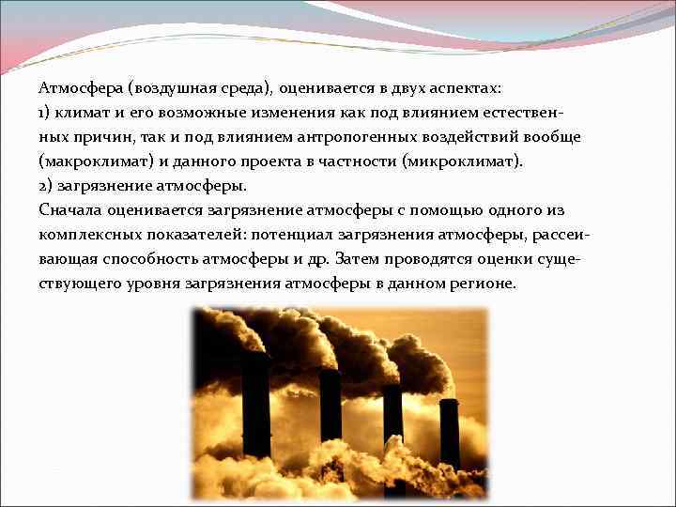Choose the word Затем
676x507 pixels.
coord(359,258)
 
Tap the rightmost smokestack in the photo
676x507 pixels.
coord(450,432)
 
